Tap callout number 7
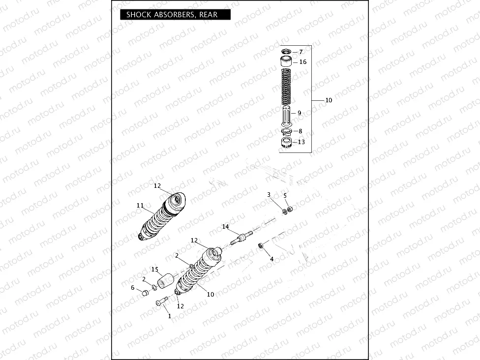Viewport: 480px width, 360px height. (x=301, y=52)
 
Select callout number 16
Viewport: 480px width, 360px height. (x=302, y=62)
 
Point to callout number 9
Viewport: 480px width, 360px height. (x=300, y=113)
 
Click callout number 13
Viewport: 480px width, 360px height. (x=301, y=142)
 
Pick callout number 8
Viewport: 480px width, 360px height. (x=300, y=131)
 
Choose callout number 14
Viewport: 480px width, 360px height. (x=225, y=227)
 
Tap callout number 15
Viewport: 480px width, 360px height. (x=154, y=270)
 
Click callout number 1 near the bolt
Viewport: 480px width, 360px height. (x=170, y=316)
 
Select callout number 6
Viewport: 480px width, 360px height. (x=132, y=287)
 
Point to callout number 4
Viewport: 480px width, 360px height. (x=271, y=259)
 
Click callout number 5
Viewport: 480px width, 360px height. (x=285, y=195)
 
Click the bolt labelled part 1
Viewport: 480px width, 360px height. (x=162, y=303)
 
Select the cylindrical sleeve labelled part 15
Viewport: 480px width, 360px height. (x=167, y=281)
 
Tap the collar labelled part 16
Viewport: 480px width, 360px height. (x=286, y=62)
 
